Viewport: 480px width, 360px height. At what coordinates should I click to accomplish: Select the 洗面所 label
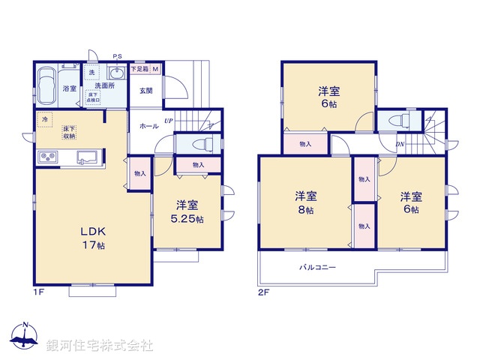coord(103,85)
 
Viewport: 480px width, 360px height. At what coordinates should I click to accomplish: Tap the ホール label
coord(148,126)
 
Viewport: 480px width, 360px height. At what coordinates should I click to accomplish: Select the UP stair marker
coord(169,121)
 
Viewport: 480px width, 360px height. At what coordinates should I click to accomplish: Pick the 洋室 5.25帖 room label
coord(187,212)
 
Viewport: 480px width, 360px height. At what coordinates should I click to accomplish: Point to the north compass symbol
coord(25,336)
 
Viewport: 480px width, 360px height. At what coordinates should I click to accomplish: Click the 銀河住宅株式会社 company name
coord(100,345)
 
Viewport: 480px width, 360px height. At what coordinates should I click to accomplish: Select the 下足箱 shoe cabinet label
coord(139,70)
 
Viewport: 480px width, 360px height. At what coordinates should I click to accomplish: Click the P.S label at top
coord(118,56)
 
